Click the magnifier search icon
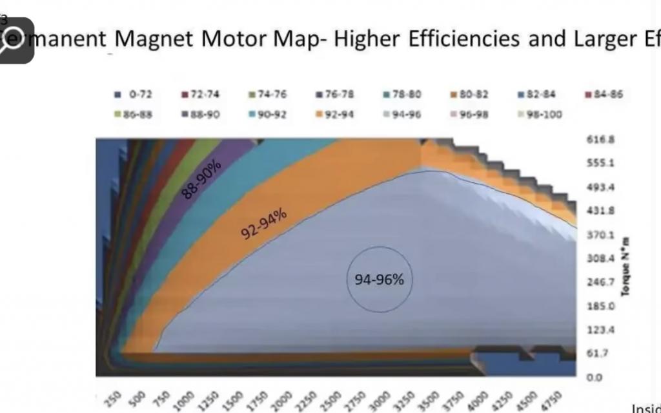click(15, 39)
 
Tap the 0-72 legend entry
click(135, 94)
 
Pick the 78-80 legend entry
click(404, 94)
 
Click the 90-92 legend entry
click(269, 115)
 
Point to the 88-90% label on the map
click(202, 178)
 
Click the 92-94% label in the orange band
click(263, 222)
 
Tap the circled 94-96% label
click(379, 280)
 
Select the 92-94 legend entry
click(335, 115)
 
